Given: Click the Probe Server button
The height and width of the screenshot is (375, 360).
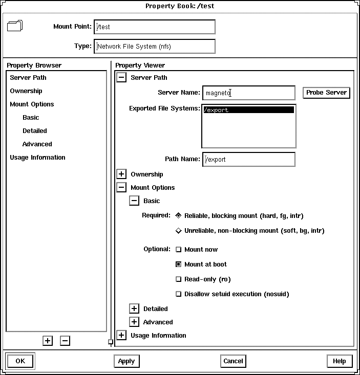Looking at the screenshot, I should click(x=326, y=93).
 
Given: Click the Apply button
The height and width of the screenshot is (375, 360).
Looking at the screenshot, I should click(x=126, y=361).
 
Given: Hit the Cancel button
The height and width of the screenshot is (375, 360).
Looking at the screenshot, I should click(x=233, y=361).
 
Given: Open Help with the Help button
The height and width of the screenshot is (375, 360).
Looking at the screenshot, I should click(x=339, y=361).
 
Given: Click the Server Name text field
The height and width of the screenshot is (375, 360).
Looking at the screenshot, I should click(x=248, y=93).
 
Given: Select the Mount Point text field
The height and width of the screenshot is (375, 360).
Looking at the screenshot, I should click(x=154, y=27).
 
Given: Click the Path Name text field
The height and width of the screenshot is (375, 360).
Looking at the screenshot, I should click(x=248, y=159).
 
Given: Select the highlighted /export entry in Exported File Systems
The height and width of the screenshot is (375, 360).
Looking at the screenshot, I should click(x=248, y=110).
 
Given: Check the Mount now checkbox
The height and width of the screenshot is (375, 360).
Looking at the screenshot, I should click(x=179, y=250).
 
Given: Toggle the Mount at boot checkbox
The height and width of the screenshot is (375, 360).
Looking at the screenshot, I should click(x=179, y=264).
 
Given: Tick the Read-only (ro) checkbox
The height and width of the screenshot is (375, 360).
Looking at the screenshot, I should click(x=179, y=279).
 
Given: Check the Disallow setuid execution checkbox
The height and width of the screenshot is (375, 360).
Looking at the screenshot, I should click(x=179, y=294).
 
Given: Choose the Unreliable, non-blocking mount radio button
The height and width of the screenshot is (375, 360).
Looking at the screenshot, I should click(x=179, y=231).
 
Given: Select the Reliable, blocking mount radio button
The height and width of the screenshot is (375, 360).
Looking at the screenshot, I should click(x=179, y=216).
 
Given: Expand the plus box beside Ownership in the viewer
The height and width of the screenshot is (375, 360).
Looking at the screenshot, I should click(x=121, y=174).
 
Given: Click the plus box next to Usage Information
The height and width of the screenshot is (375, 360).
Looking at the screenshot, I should click(x=121, y=336).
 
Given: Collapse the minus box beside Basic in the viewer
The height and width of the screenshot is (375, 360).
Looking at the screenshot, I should click(x=134, y=201).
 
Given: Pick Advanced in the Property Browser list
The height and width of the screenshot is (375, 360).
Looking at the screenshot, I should click(x=37, y=144).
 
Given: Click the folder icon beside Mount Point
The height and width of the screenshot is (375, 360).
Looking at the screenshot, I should click(x=15, y=26).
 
